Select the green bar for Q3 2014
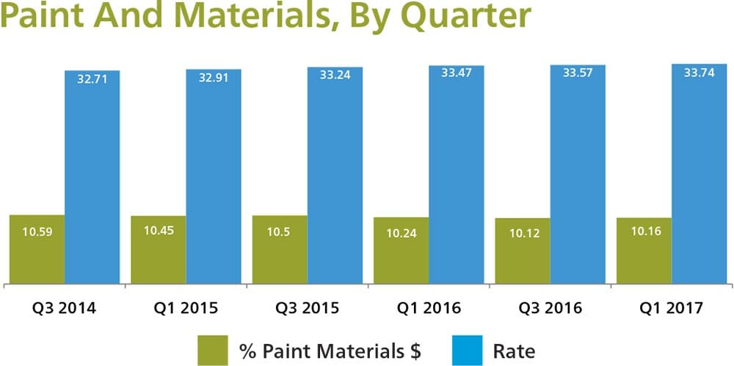[x=37, y=249]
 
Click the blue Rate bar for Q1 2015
[x=214, y=176]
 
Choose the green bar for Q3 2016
[x=523, y=250]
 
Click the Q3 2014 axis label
[x=64, y=307]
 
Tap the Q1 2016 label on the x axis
[x=429, y=307]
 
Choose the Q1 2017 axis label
[x=672, y=307]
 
